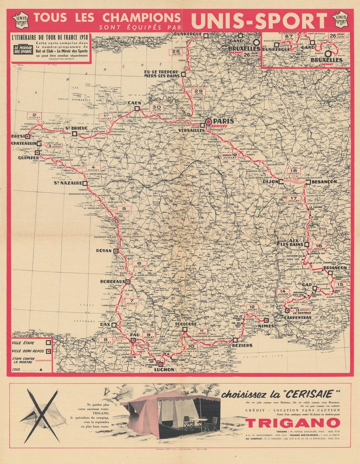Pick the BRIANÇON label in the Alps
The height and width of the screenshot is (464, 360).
[x=335, y=267]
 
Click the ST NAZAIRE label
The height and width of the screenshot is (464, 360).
[x=68, y=183]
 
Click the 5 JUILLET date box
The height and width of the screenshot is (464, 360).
[x=124, y=210]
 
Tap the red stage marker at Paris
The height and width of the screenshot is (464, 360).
[x=208, y=121]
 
